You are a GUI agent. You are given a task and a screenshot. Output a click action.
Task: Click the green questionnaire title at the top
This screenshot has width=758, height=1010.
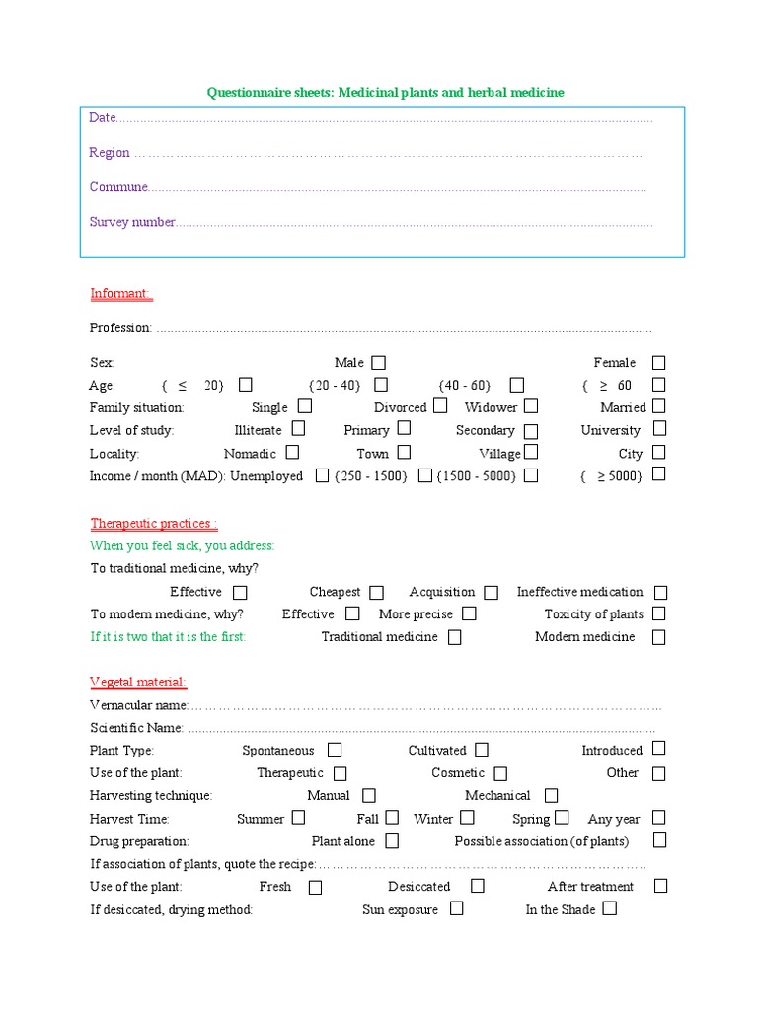(385, 92)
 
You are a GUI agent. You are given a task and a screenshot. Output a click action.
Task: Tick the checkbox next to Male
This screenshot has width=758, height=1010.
(379, 363)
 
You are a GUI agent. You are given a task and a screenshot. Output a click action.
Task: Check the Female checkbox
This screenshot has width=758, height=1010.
(658, 363)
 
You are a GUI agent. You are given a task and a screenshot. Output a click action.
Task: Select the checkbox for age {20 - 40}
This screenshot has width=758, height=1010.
(381, 385)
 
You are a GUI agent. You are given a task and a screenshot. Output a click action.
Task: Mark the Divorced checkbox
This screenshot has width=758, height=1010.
(440, 406)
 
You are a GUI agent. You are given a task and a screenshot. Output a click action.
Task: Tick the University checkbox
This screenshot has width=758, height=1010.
(659, 429)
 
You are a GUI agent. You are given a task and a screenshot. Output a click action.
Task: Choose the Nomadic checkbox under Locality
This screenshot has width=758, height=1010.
(293, 453)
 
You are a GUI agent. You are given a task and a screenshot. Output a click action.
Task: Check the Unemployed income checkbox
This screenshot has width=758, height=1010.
(322, 475)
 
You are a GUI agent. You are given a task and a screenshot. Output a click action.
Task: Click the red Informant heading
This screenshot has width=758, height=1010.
(120, 293)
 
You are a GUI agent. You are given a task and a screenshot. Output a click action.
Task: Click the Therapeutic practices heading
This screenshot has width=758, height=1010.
(154, 523)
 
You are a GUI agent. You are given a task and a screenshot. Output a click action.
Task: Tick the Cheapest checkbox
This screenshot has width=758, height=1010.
(377, 593)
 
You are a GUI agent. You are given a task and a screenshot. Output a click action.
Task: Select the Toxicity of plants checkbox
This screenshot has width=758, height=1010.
(659, 614)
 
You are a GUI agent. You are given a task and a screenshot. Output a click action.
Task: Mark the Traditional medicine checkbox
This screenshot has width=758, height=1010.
(454, 637)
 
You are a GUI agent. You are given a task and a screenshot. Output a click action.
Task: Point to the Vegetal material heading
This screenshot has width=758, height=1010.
(138, 682)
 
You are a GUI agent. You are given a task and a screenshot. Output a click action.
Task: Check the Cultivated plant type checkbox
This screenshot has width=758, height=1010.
(481, 750)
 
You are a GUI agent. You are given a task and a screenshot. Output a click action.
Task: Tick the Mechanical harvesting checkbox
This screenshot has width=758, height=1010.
(551, 795)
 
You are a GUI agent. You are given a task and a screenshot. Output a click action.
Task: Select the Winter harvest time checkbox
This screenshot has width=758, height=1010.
(468, 818)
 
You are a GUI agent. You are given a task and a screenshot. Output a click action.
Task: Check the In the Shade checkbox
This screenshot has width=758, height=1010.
(610, 908)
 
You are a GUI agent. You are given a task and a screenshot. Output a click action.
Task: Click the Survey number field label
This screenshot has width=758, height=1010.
(132, 222)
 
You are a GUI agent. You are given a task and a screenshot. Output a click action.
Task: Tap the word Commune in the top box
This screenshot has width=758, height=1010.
(118, 186)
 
